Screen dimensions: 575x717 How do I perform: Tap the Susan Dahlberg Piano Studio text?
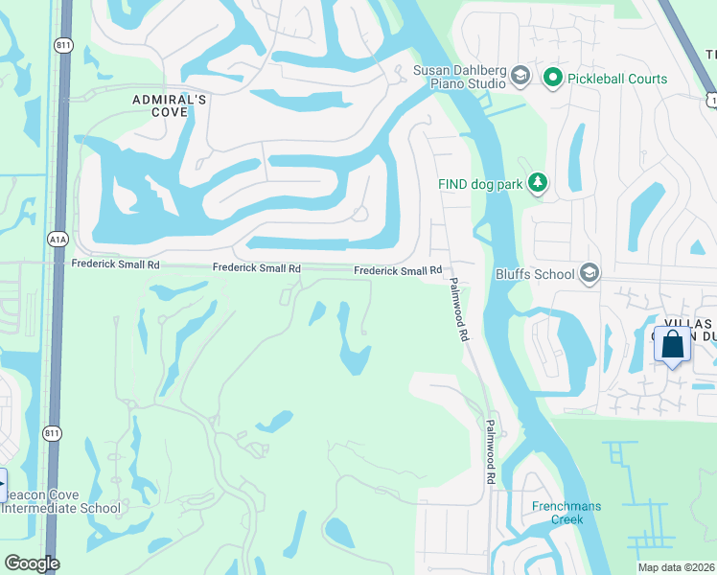tap(459, 77)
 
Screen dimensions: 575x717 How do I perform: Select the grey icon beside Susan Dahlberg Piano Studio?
tap(520, 76)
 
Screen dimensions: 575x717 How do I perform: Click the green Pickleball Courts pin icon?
tap(552, 77)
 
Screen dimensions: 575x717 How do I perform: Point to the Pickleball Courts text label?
tap(618, 78)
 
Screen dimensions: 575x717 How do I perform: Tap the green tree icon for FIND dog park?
tap(538, 182)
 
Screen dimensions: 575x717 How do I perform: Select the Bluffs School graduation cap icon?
tap(590, 274)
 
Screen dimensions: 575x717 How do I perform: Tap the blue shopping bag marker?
tap(673, 345)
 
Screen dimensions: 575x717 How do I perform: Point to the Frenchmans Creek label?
tap(557, 513)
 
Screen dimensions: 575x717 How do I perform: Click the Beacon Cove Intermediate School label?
tap(60, 501)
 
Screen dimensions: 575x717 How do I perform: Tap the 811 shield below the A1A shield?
tap(52, 433)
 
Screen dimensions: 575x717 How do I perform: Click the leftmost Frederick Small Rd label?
tap(115, 264)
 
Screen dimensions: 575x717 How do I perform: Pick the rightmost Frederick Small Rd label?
tap(397, 271)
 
